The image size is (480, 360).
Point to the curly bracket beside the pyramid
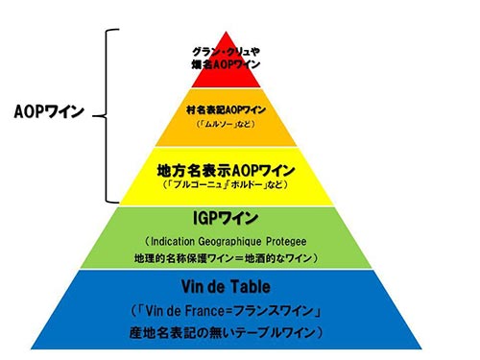coord(109,115)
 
